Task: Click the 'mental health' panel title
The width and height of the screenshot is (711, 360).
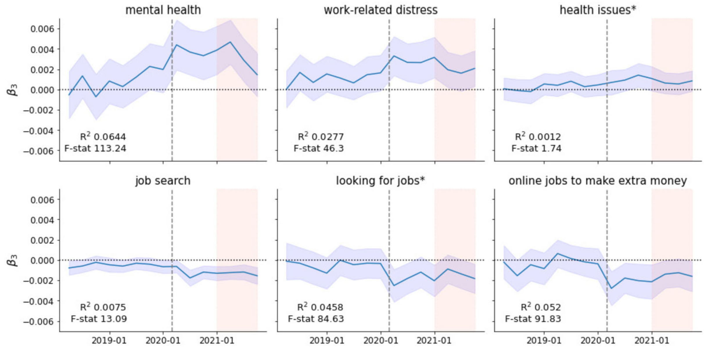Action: point(163,10)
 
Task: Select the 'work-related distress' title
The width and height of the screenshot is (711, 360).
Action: point(380,10)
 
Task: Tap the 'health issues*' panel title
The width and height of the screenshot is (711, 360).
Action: point(598,10)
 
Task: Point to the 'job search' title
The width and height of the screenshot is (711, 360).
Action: point(163,181)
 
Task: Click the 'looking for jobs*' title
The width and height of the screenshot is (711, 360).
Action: point(380,181)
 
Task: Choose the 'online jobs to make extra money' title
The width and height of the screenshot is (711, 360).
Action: point(598,181)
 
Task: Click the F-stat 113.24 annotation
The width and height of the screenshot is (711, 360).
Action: point(95,149)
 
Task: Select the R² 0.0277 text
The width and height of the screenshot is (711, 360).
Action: point(321,137)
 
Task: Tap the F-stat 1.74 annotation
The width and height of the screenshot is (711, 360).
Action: point(536,149)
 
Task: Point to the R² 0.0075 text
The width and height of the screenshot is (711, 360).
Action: point(103,307)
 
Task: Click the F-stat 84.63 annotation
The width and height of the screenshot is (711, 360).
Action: point(316,319)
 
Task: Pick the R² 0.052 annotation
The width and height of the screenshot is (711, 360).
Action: point(541,307)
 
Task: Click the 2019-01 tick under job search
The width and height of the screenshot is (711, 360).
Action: point(109,341)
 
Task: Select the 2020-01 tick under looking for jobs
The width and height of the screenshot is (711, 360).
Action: point(381,341)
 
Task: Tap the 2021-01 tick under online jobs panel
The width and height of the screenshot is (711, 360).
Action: point(652,341)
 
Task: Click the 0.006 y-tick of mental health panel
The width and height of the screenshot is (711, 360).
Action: point(42,29)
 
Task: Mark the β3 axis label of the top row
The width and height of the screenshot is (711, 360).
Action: point(12,90)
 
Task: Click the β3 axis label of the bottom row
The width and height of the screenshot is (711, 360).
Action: point(12,260)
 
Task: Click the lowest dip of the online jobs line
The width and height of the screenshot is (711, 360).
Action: point(611,288)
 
